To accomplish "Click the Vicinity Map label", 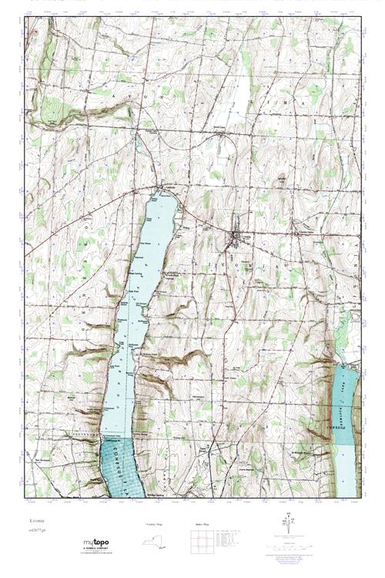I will pos(155,524).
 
